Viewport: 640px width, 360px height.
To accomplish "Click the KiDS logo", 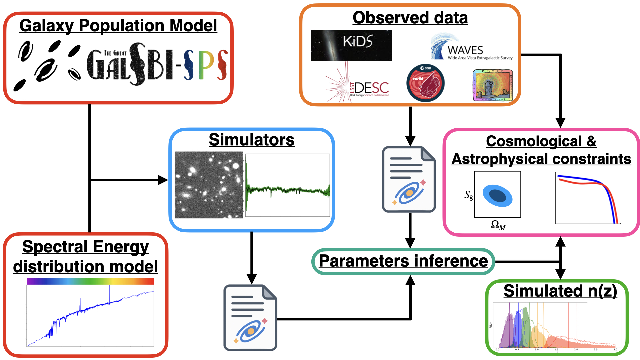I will (x=351, y=46).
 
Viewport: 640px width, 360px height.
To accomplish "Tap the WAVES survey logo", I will (x=471, y=47).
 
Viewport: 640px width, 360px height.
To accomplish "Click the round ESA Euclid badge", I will (x=425, y=83).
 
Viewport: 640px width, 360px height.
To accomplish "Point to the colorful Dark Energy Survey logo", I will (x=493, y=85).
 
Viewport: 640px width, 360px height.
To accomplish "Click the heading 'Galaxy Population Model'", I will (x=118, y=26).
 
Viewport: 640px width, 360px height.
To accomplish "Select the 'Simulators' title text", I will (x=252, y=140).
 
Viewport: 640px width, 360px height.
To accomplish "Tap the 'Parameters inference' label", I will (x=403, y=261).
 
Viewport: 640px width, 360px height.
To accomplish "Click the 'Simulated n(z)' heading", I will (x=560, y=291).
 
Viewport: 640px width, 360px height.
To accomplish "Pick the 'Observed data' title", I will (x=410, y=18).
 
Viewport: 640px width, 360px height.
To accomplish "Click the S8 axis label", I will (x=468, y=195).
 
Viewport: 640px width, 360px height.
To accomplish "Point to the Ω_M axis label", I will (x=498, y=225).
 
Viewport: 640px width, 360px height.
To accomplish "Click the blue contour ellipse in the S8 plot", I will (x=497, y=196).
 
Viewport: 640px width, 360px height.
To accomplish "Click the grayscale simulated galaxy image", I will (x=209, y=185).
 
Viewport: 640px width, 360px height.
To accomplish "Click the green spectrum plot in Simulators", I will (x=288, y=185).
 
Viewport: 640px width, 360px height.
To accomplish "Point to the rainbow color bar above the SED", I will (x=90, y=281).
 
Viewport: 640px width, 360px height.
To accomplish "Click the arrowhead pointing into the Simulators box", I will (x=163, y=180).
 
